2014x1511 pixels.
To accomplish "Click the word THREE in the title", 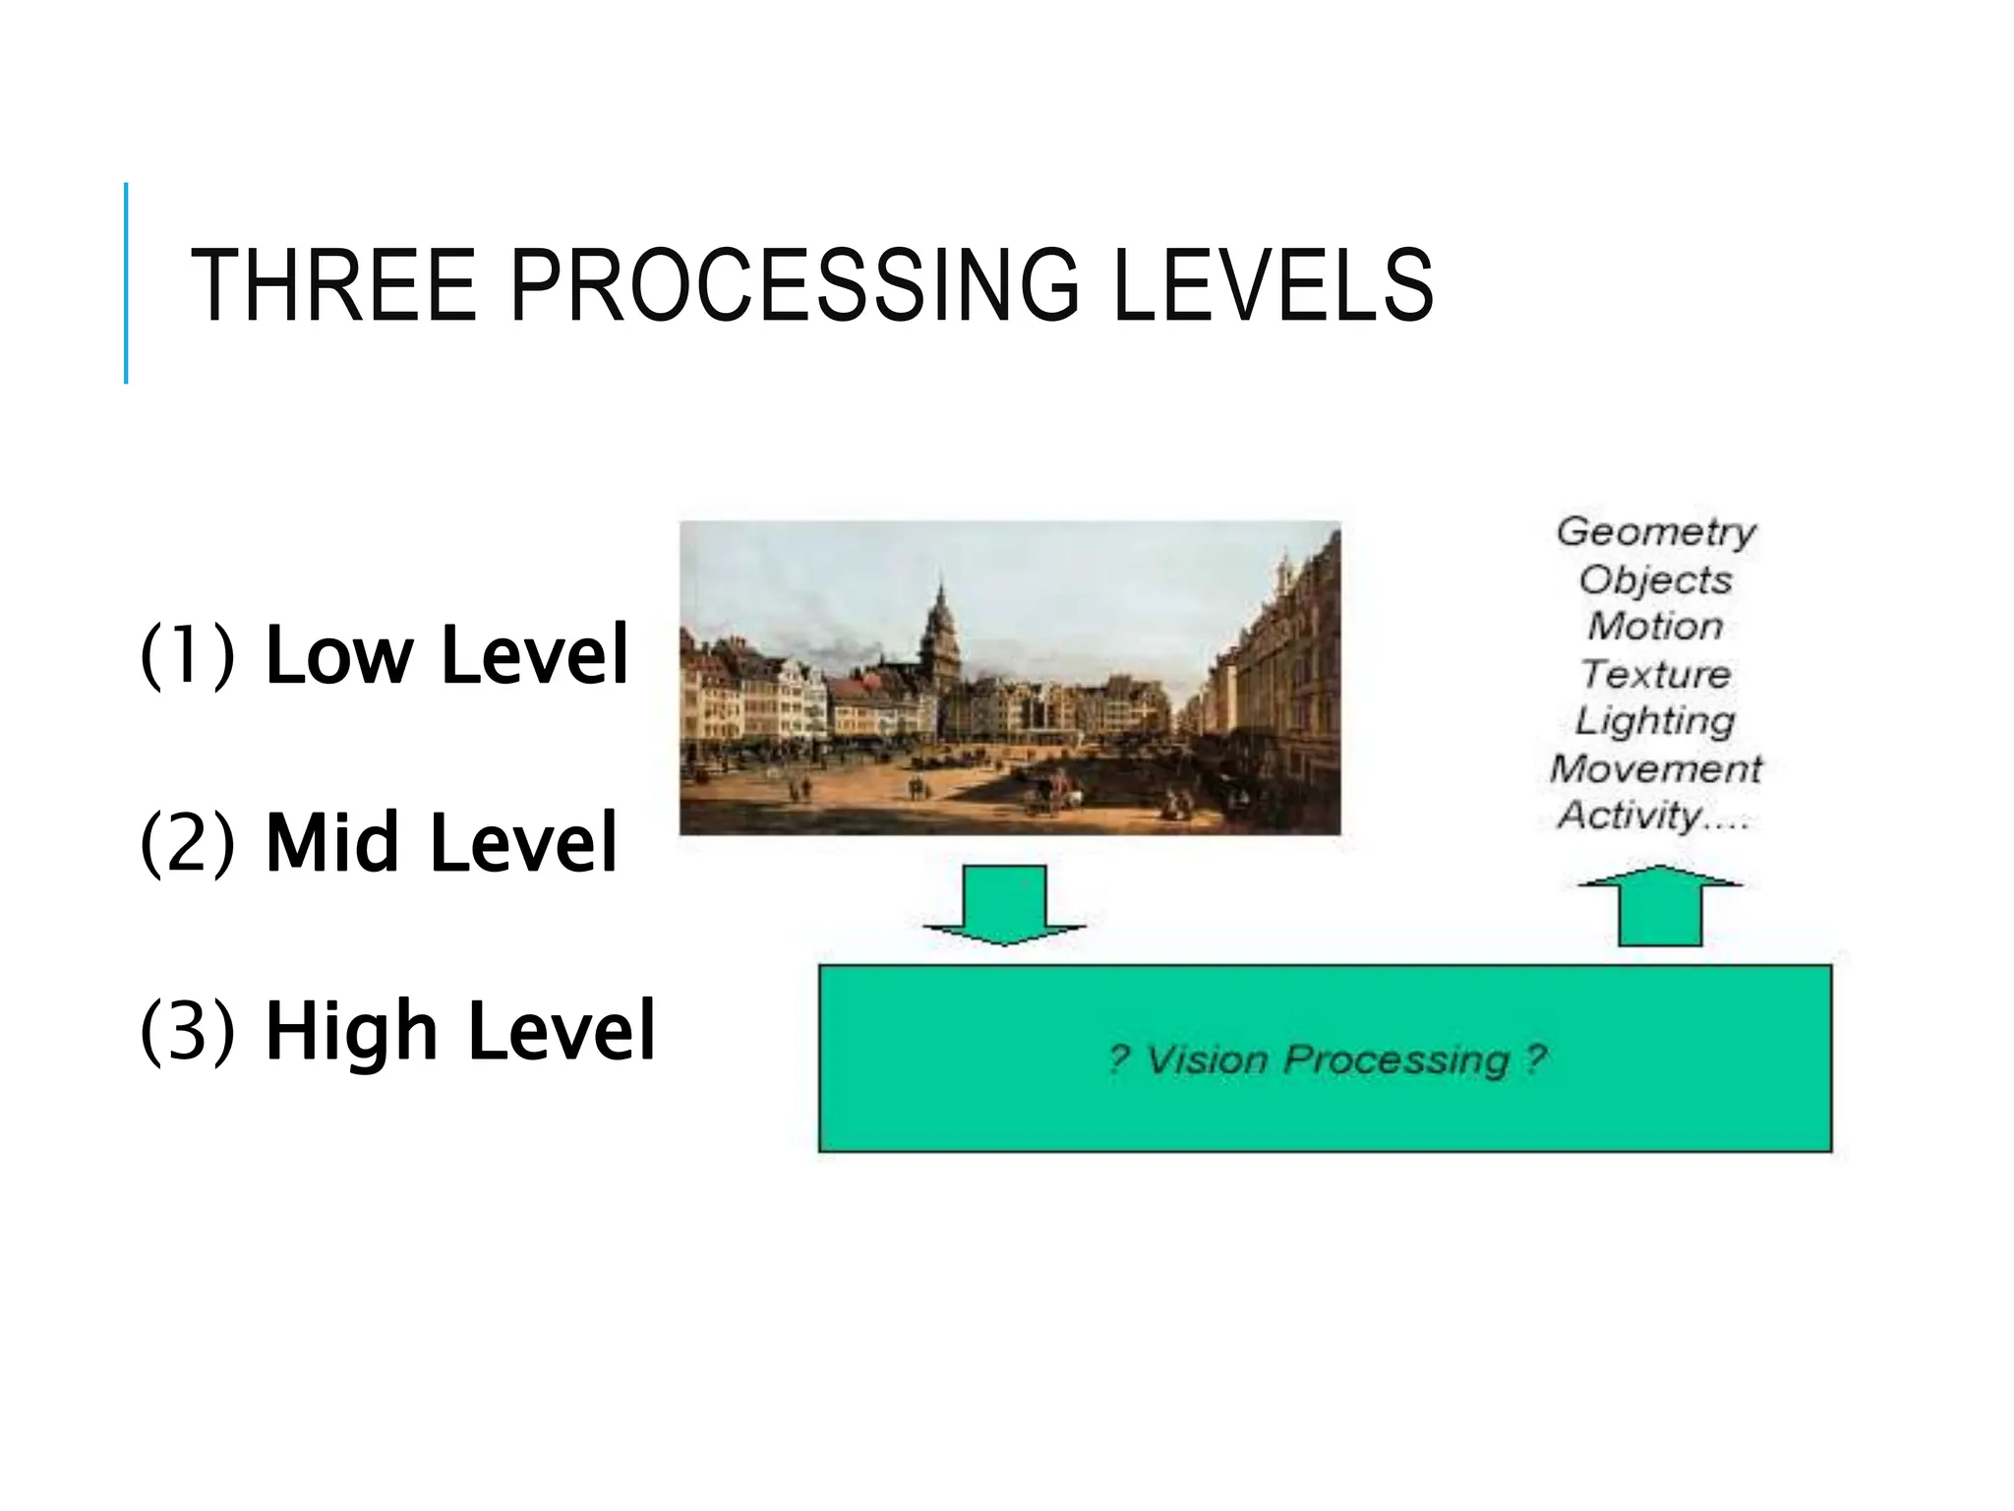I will point(332,286).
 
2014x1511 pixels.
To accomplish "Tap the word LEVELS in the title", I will point(1273,286).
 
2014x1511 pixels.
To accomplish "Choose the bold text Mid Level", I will point(442,842).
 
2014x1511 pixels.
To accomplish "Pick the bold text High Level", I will point(459,1030).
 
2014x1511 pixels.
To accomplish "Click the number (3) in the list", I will point(188,1030).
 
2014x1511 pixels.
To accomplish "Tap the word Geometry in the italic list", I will point(1656,532).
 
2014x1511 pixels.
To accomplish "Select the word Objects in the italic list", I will point(1656,579).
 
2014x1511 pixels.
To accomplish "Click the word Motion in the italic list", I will point(1656,626).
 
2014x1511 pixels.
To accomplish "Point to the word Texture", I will point(1656,674).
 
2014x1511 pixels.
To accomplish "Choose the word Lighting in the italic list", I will point(1656,721).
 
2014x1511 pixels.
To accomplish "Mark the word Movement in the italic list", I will point(1656,768).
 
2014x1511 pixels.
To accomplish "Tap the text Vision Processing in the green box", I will point(1328,1059).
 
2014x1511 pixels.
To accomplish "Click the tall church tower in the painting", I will point(939,630).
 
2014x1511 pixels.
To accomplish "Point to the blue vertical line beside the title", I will point(126,283).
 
